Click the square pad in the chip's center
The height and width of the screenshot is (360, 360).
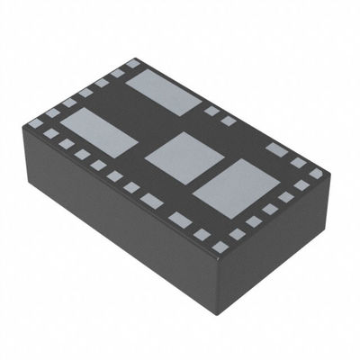coord(184,154)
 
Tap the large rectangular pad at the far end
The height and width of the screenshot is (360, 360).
coord(163,93)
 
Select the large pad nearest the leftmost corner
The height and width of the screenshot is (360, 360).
coord(98,131)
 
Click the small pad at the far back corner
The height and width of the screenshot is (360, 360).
coord(134,64)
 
